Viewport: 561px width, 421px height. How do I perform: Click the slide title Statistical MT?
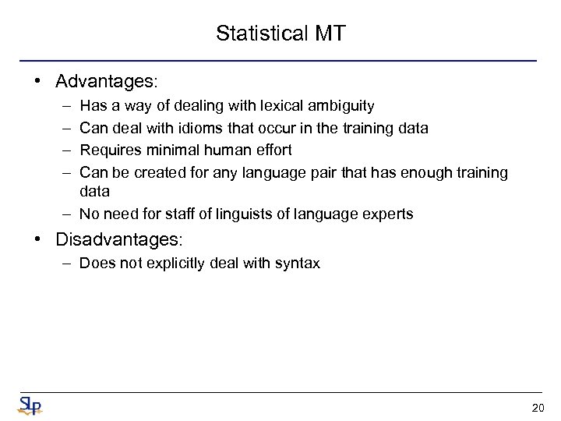280,34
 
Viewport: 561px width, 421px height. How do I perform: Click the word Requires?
109,149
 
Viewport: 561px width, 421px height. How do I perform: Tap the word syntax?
297,264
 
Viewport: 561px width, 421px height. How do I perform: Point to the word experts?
386,214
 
